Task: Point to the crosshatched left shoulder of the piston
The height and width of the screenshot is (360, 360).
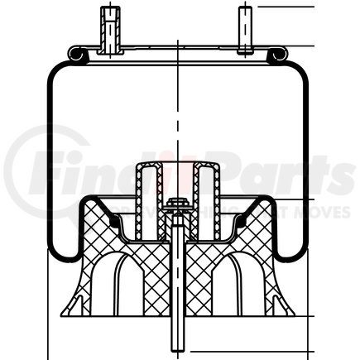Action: [x=99, y=228]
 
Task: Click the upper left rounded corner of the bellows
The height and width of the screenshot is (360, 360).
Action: [x=54, y=74]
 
